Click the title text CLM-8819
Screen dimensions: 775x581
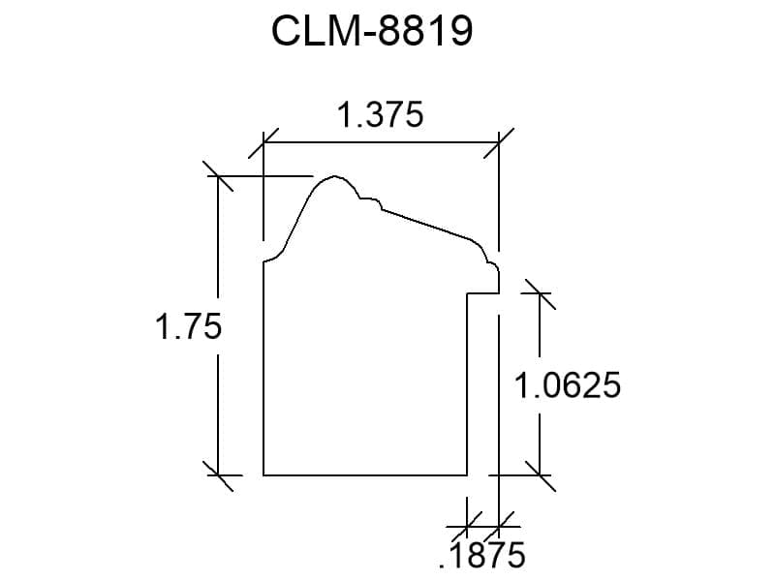(372, 31)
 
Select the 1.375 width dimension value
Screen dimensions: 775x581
(380, 114)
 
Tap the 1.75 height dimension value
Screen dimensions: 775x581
(188, 326)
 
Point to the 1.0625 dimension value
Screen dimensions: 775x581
(567, 385)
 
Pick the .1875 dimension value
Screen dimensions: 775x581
(481, 555)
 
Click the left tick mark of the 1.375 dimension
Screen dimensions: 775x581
(263, 143)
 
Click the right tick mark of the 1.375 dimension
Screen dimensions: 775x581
(499, 143)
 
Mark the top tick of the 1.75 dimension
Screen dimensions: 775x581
(218, 175)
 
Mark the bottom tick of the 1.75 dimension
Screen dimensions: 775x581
(218, 475)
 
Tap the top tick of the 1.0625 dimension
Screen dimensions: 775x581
(540, 293)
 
